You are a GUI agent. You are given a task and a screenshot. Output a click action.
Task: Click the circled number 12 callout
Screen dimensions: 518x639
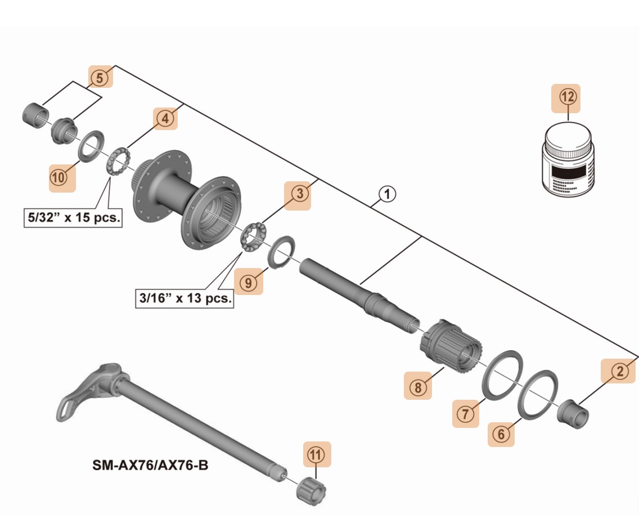click(566, 97)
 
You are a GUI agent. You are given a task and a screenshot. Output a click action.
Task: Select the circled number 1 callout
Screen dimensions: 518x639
click(387, 194)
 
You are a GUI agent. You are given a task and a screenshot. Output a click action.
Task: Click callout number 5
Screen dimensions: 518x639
click(100, 78)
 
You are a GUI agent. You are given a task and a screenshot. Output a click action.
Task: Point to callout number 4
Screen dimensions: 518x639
click(164, 119)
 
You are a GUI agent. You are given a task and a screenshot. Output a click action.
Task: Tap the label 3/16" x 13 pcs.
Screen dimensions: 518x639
click(185, 298)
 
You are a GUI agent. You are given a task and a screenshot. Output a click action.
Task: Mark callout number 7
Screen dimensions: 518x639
click(466, 413)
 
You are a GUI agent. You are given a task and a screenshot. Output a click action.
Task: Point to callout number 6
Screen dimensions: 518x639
click(501, 434)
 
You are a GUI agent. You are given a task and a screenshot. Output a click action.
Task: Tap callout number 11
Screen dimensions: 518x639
click(316, 454)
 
